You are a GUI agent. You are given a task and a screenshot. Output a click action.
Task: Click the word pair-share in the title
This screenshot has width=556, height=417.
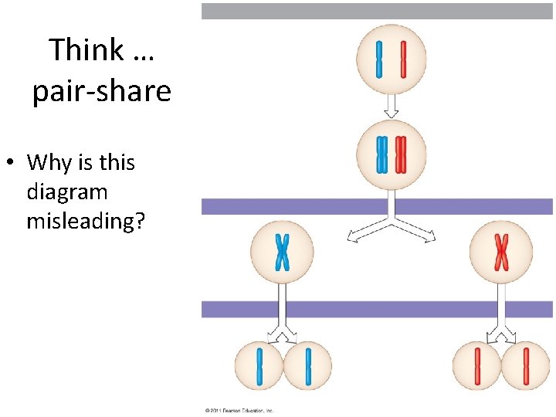101,92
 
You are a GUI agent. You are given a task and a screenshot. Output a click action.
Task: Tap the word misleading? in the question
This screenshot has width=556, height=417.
86,221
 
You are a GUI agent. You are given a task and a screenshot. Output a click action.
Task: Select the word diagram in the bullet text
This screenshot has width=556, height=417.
67,192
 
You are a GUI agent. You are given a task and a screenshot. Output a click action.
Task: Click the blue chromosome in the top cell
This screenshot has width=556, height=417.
379,59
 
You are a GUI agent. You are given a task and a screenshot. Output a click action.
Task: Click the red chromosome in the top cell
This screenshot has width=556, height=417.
403,59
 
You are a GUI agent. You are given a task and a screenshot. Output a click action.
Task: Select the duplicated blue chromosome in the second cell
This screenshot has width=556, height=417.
381,154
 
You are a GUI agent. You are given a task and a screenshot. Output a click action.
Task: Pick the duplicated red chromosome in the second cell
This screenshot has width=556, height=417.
400,154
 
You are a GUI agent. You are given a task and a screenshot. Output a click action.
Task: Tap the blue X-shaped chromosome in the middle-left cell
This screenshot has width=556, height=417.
283,253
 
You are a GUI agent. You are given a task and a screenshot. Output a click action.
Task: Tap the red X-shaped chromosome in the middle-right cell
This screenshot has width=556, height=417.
501,253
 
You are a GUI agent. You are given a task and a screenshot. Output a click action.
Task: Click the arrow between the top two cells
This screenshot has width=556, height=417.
392,109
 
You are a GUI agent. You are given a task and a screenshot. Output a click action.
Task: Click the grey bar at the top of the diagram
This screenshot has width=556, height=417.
377,11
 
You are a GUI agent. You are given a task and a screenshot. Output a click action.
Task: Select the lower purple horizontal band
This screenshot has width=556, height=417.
377,309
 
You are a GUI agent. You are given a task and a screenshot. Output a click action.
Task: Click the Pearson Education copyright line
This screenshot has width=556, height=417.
239,411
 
